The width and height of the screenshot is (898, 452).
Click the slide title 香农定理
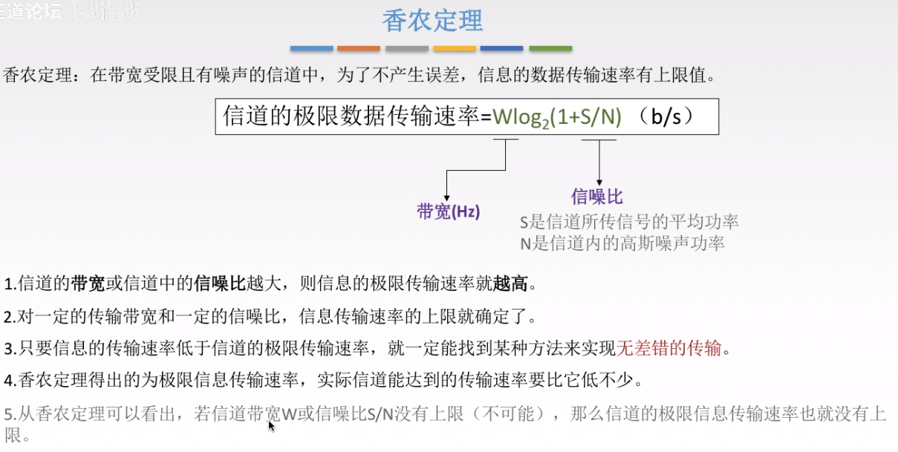point(432,21)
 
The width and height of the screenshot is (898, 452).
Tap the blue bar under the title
point(311,49)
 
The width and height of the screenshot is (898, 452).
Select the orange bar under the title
point(359,49)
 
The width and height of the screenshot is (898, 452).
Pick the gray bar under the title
point(407,49)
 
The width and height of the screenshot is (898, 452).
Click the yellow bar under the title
point(455,49)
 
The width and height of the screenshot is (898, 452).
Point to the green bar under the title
point(550,49)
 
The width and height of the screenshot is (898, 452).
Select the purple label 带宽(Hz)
point(449,212)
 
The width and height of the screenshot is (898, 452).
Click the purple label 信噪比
point(596,196)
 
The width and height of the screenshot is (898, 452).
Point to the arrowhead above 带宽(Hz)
point(446,195)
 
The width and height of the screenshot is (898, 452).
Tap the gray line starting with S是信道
point(629,221)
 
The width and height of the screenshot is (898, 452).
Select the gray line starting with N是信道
point(622,243)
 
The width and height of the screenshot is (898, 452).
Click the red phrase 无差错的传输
point(669,347)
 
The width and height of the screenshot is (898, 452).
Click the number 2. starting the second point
point(10,317)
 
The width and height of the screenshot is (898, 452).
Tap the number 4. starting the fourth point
point(10,381)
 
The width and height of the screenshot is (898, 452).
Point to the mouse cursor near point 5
point(270,425)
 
